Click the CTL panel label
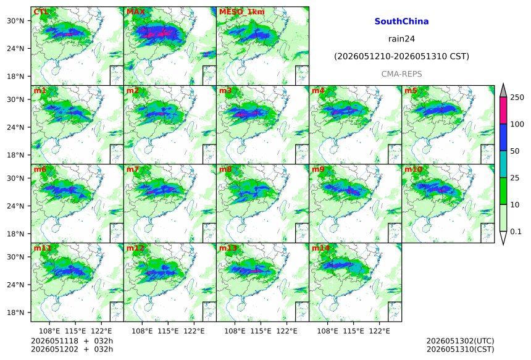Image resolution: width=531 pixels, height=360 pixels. click(41, 12)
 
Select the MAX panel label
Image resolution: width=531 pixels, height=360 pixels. click(135, 12)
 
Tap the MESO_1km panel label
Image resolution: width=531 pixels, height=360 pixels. click(242, 12)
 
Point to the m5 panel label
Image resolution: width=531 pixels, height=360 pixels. click(411, 91)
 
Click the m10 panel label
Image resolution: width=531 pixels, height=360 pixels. click(413, 169)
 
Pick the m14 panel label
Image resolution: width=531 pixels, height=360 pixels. click(320, 248)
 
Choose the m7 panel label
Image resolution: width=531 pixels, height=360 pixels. click(133, 169)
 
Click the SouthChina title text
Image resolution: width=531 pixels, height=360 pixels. click(401, 22)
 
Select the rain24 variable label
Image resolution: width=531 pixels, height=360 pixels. click(401, 39)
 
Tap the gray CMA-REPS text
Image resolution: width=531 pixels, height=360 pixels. click(401, 74)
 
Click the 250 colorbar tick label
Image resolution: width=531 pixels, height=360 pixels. click(517, 98)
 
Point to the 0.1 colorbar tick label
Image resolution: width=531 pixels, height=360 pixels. click(516, 232)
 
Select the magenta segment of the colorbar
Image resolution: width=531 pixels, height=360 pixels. click(503, 111)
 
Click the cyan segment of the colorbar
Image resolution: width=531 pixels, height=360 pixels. click(503, 164)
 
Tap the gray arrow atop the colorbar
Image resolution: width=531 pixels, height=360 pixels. click(503, 90)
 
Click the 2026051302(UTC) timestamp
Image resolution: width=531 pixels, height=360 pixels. click(460, 341)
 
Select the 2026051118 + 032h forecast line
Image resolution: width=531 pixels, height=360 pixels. click(72, 341)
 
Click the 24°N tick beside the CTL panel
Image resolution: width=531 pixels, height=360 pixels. click(15, 49)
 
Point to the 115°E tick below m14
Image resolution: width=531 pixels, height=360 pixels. click(354, 331)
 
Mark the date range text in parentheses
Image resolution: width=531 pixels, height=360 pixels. click(401, 57)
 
